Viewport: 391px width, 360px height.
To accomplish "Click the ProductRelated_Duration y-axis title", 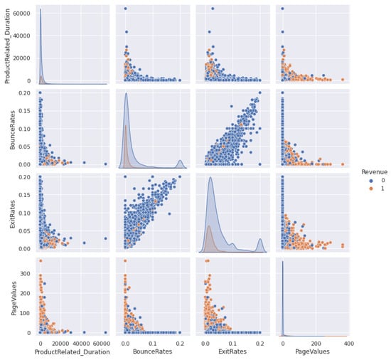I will point(8,44).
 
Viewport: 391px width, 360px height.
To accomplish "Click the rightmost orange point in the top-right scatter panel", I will point(343,80).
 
